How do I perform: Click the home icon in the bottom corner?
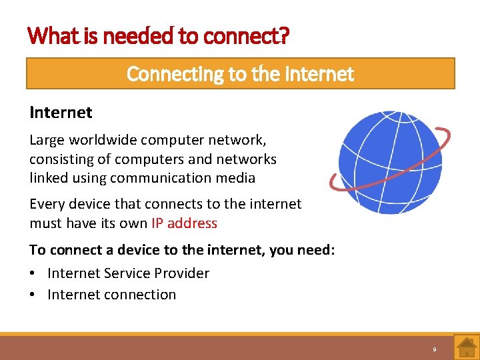tap(465, 347)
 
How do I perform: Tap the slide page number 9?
tap(434, 349)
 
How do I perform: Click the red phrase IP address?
tap(184, 223)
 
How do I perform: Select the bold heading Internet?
tap(61, 113)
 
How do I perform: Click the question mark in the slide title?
tap(285, 35)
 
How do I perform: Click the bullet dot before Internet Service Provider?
tap(33, 273)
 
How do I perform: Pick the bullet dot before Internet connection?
tap(33, 295)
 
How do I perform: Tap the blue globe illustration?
tap(381, 162)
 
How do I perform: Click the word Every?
tap(47, 204)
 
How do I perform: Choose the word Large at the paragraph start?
tap(46, 141)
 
